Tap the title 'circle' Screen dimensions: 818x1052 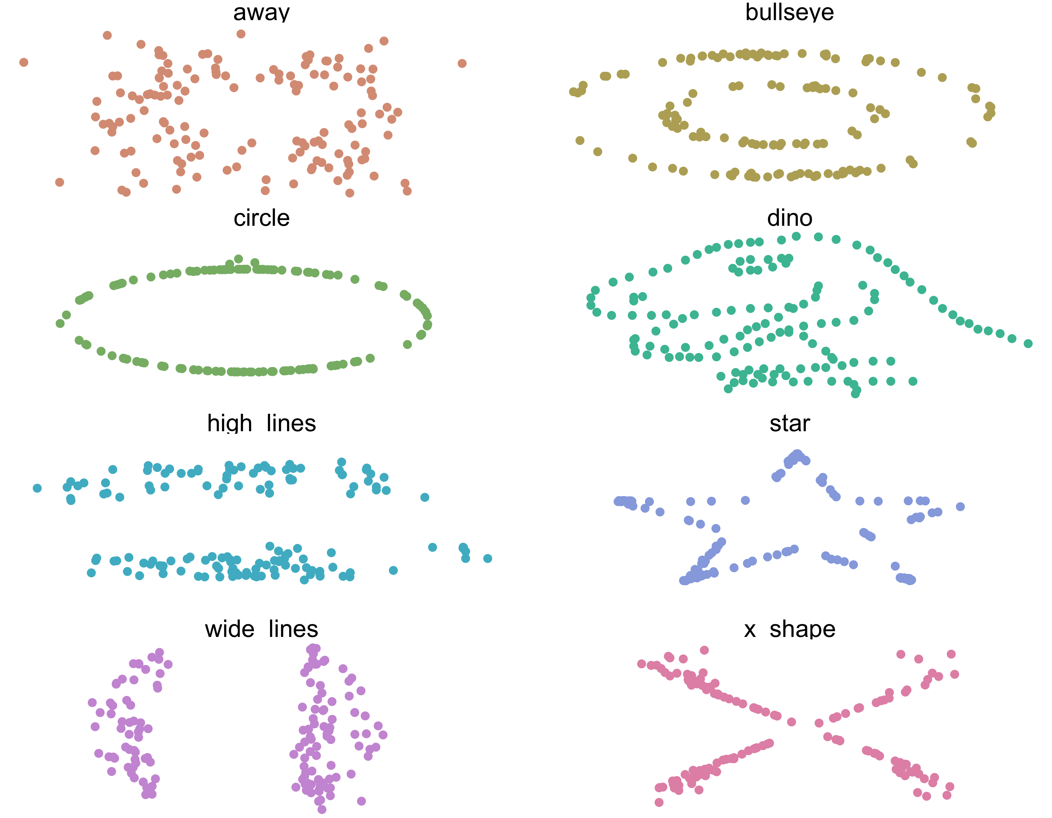tap(261, 218)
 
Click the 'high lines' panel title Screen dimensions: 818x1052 tap(261, 424)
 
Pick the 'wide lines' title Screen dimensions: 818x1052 tap(261, 629)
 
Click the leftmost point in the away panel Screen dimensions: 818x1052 tap(24, 62)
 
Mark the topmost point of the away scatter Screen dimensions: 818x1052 tap(241, 34)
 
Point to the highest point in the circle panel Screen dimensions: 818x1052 tap(238, 259)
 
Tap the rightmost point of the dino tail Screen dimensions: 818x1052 tap(1028, 343)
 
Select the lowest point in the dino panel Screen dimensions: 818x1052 tap(855, 394)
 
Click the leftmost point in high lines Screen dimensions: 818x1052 tap(37, 488)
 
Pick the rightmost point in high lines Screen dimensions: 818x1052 tap(487, 558)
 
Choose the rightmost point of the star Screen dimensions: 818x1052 tap(960, 506)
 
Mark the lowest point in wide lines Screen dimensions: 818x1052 tap(322, 809)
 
